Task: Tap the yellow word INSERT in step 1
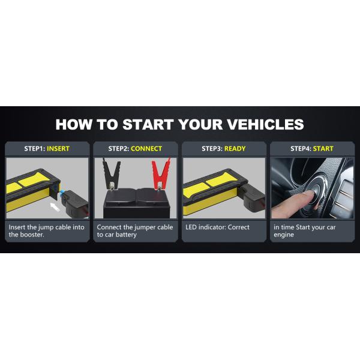click(58, 149)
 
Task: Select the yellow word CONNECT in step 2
click(146, 149)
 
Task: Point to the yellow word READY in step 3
click(235, 149)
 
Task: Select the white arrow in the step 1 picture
click(56, 207)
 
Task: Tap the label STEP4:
click(302, 149)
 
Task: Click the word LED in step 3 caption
click(191, 227)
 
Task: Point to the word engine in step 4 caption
click(284, 235)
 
